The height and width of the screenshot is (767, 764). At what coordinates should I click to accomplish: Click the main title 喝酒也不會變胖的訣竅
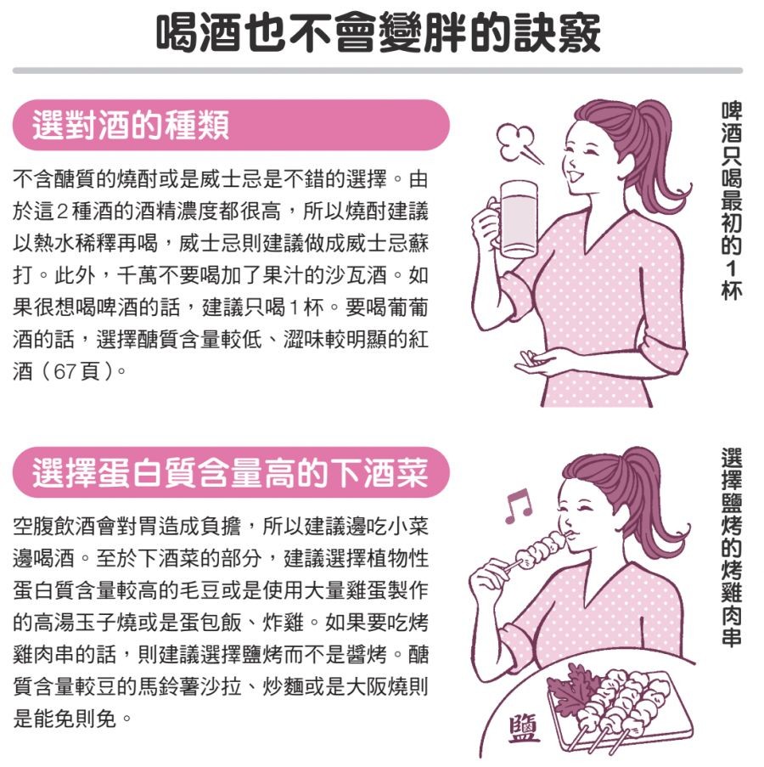coord(378,33)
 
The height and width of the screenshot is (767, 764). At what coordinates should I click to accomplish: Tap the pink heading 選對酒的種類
coord(131,125)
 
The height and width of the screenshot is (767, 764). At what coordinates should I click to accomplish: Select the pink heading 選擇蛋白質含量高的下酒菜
coord(230,472)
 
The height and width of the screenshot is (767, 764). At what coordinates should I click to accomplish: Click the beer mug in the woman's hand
coord(513,219)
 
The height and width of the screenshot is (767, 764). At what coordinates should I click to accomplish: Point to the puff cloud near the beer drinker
coord(518,143)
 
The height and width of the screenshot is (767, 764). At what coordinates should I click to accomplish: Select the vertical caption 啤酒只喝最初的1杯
coord(732,200)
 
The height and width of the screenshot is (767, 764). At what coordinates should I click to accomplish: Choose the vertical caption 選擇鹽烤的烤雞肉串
coord(732,546)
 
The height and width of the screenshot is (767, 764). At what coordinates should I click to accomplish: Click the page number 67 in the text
coord(65,371)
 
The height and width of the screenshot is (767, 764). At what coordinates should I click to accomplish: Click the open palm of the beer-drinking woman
coord(536,362)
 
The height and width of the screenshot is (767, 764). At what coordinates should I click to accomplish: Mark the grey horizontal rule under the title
coord(378,70)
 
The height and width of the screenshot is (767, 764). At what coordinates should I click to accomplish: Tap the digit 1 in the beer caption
coord(732,268)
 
